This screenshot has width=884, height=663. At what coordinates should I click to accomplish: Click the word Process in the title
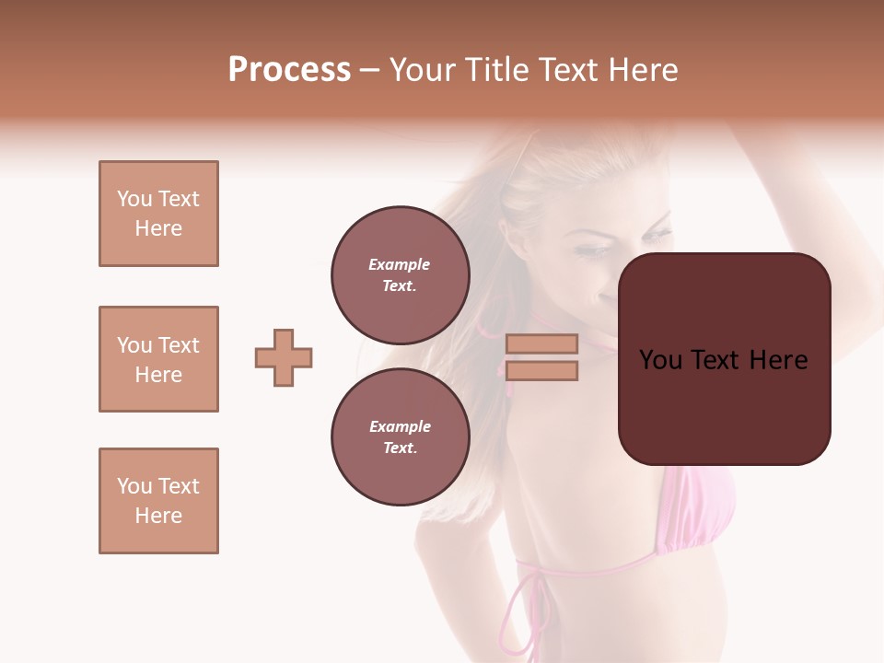pos(289,70)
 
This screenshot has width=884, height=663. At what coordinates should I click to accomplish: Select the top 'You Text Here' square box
pos(158,214)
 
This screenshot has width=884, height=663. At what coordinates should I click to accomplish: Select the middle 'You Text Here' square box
pos(158,359)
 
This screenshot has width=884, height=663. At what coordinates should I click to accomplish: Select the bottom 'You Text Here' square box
pos(158,500)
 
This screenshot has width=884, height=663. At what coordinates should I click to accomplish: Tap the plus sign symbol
pos(284,357)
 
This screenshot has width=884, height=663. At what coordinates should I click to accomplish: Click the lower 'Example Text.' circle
pos(401,436)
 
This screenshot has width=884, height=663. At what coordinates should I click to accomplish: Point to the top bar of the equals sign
pos(542,343)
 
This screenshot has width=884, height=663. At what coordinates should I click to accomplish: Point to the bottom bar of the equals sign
pos(542,370)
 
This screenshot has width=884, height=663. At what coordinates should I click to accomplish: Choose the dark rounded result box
pos(725,358)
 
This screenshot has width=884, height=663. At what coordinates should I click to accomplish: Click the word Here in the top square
pos(158,228)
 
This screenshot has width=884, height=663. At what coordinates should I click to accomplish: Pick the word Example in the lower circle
pos(400,426)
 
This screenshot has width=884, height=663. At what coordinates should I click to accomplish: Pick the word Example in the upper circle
pos(400,264)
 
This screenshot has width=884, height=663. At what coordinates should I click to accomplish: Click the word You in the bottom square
pos(134,485)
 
